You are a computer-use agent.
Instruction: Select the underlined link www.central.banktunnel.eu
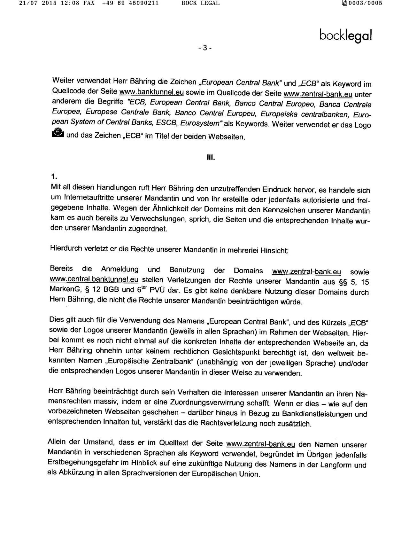(x=94, y=279)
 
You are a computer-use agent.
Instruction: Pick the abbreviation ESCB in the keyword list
(x=170, y=123)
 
